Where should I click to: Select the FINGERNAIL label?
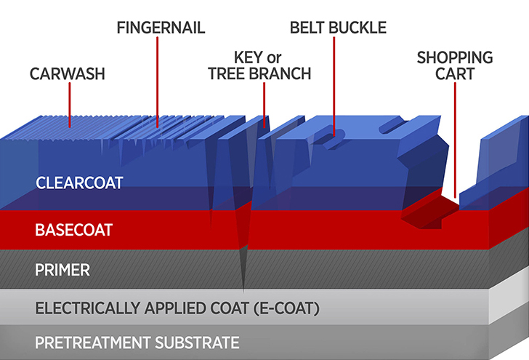point(161,28)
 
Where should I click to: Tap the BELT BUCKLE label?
point(338,28)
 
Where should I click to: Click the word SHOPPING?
point(455,57)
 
